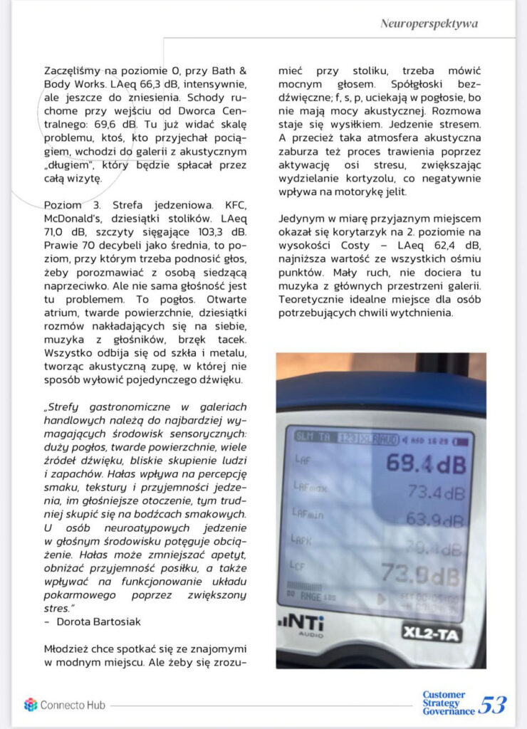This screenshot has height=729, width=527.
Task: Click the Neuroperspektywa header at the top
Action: coord(429,23)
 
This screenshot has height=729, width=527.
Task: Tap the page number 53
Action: coord(492,704)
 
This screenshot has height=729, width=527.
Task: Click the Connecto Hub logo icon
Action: coord(30,704)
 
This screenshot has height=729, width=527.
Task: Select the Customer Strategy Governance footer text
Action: coord(448,703)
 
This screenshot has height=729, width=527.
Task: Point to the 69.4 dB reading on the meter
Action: coord(426,464)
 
